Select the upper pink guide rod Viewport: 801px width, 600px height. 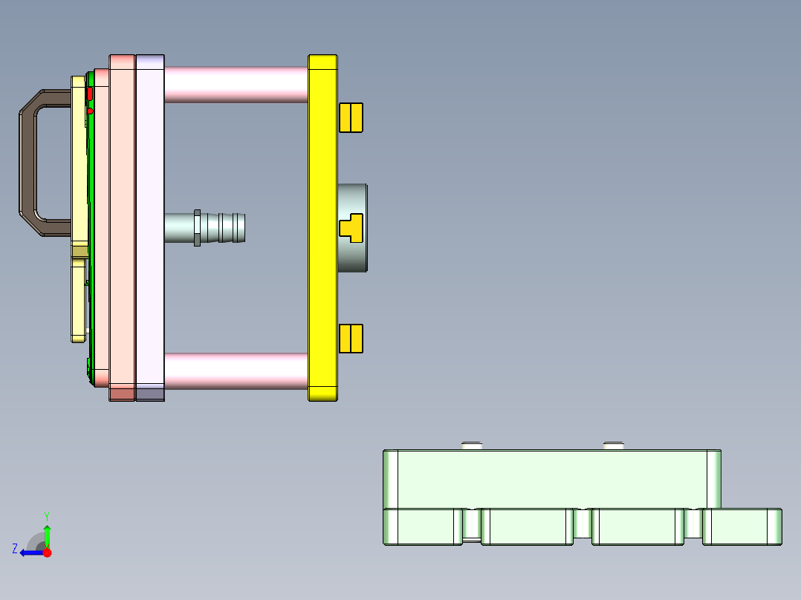(x=235, y=84)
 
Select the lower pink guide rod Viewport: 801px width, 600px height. (x=235, y=371)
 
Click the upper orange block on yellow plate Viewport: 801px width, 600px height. (x=351, y=117)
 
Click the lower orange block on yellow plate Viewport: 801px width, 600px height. (x=351, y=339)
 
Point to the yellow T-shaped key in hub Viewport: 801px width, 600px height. (x=349, y=227)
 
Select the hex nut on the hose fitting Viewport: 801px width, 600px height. (x=197, y=227)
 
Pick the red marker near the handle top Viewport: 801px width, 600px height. (x=90, y=94)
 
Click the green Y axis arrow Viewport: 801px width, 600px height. (x=47, y=533)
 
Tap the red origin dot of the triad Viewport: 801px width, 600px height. (x=47, y=552)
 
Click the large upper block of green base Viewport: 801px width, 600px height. (x=550, y=479)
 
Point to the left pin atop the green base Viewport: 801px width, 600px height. (x=472, y=446)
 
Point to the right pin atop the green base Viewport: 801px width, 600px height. (x=613, y=446)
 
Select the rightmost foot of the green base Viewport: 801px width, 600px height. (x=742, y=526)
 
